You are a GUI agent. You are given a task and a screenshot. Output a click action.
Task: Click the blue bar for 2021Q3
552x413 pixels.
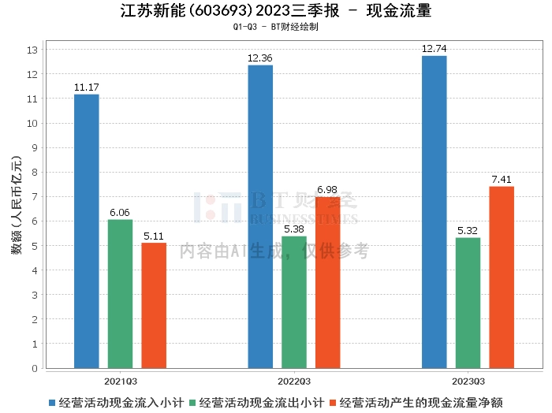click(87, 232)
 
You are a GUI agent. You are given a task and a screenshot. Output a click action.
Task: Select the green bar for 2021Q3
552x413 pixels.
click(121, 294)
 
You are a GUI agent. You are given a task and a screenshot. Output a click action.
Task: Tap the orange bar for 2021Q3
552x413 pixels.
click(154, 306)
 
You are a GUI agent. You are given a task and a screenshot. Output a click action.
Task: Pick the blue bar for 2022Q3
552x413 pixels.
click(260, 217)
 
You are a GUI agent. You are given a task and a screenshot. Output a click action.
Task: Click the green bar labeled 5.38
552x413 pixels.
click(294, 303)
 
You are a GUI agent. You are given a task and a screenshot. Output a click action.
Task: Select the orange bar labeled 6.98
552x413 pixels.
click(328, 283)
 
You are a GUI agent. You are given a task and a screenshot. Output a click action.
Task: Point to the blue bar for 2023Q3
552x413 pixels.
click(435, 212)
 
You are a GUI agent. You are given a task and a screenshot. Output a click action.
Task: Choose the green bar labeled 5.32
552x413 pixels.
click(468, 303)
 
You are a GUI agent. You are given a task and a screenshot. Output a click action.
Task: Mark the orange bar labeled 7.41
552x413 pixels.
click(502, 277)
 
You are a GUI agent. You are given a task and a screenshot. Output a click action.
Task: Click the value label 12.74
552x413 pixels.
click(434, 49)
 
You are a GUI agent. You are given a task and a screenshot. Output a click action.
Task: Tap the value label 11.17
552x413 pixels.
click(87, 87)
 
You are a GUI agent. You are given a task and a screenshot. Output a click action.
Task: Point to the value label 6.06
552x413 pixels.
click(120, 213)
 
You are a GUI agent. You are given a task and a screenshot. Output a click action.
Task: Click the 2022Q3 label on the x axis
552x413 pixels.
click(294, 381)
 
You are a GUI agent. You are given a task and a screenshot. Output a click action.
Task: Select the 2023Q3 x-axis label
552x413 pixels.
click(468, 381)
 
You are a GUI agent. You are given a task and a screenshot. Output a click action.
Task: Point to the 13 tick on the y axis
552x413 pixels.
click(32, 50)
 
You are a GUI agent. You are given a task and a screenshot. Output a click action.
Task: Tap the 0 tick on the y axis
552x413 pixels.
click(35, 368)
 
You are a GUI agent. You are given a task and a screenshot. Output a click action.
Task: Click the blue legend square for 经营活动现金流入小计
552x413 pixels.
click(52, 403)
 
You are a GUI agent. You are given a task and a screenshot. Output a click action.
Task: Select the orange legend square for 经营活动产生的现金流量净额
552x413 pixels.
click(333, 403)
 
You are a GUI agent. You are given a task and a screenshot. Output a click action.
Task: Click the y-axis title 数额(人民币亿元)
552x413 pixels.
click(17, 205)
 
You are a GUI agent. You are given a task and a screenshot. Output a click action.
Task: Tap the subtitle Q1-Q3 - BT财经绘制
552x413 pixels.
click(276, 27)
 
